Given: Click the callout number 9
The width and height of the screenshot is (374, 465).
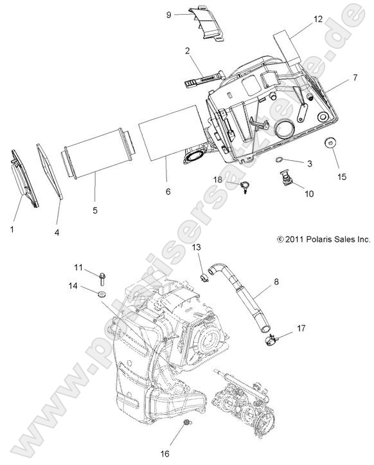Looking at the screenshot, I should tap(168, 14).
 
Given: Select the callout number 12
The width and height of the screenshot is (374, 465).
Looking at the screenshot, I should tap(318, 20).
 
